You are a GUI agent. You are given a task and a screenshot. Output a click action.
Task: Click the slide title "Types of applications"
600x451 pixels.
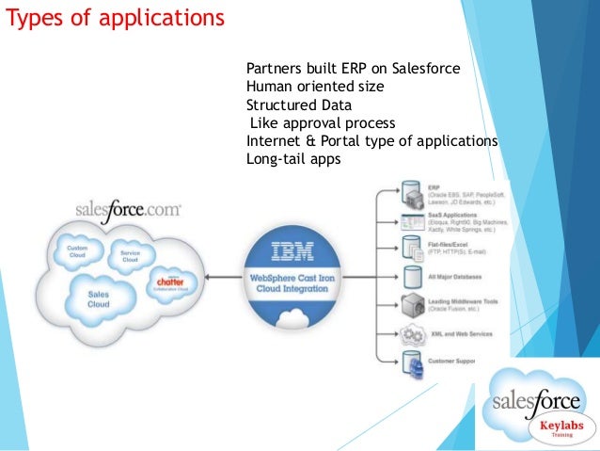coord(116,18)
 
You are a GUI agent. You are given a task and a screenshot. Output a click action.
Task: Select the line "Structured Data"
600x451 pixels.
coord(298,105)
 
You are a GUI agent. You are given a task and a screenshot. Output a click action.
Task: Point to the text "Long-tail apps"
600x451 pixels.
coord(292,159)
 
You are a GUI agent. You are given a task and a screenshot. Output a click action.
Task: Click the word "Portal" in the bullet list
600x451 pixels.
coord(347,141)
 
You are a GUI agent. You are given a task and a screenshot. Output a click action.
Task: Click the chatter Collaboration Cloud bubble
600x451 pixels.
coord(170,281)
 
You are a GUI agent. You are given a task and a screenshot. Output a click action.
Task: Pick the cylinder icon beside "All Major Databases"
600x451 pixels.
coord(411,277)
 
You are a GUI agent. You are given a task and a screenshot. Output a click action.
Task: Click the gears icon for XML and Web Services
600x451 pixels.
coord(411,334)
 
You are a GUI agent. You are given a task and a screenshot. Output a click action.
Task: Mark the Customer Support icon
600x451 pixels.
coord(411,362)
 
